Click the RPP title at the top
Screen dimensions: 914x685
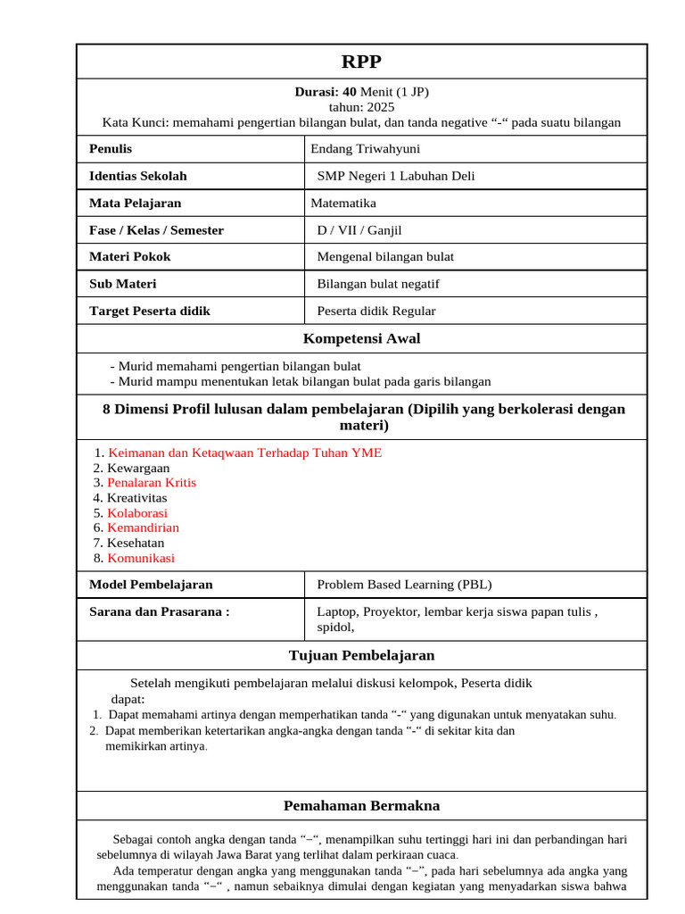361,62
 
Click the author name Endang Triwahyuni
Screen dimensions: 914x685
365,149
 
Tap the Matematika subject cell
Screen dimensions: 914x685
343,203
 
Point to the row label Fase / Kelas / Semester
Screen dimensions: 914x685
156,230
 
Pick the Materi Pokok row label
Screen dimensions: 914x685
129,256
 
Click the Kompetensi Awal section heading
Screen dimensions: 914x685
361,338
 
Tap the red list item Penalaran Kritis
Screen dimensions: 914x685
152,483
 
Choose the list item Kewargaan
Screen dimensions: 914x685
138,468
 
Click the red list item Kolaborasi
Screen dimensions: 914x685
137,513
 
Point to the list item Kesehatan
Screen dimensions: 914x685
136,543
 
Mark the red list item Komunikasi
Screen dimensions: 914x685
141,558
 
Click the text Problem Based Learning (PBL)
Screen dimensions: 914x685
404,585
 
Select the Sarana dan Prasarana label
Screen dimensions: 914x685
160,611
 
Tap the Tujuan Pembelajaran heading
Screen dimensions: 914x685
361,655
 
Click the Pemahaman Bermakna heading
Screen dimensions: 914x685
361,805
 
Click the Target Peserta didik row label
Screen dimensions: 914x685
150,311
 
